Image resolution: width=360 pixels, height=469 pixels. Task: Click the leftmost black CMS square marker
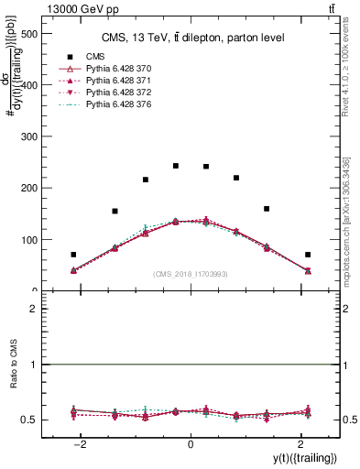[73, 255]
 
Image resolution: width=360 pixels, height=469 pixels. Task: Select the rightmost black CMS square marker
[308, 255]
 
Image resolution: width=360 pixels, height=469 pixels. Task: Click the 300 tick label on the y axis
[27, 136]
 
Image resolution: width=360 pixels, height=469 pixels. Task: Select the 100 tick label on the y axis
[27, 240]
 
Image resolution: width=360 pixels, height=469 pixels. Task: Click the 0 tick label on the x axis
[191, 444]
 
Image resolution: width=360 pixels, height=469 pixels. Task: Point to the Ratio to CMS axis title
[14, 376]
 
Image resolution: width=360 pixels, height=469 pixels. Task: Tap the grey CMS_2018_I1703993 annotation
[191, 273]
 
